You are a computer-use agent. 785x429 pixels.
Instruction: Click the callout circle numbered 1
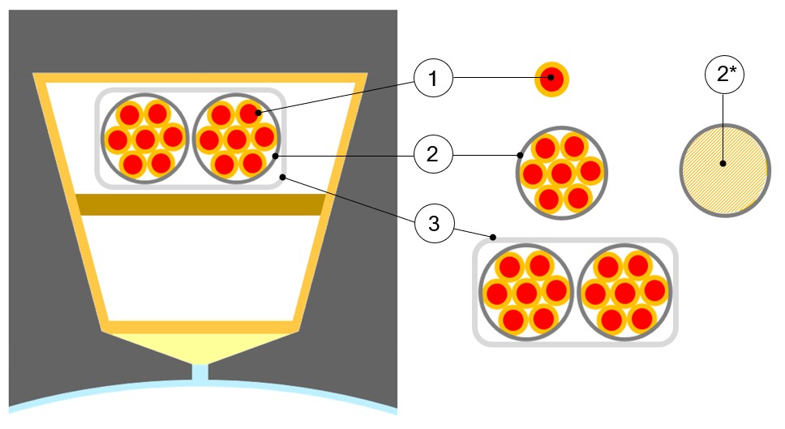(x=432, y=79)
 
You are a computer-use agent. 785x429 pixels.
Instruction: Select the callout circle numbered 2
(x=432, y=153)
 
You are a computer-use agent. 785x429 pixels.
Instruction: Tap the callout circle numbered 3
(x=434, y=223)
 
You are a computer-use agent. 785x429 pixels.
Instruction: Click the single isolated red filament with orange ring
(x=551, y=79)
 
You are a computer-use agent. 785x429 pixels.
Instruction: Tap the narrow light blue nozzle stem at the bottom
(x=199, y=374)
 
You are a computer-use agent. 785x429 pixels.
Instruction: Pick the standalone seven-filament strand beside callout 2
(x=562, y=172)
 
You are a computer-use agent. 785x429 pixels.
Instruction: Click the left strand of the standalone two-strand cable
(x=526, y=293)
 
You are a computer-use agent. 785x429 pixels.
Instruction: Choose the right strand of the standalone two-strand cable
(x=625, y=293)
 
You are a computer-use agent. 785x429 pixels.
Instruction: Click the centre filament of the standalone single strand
(x=562, y=173)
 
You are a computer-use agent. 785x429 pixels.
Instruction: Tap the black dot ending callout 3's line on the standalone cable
(x=493, y=238)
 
